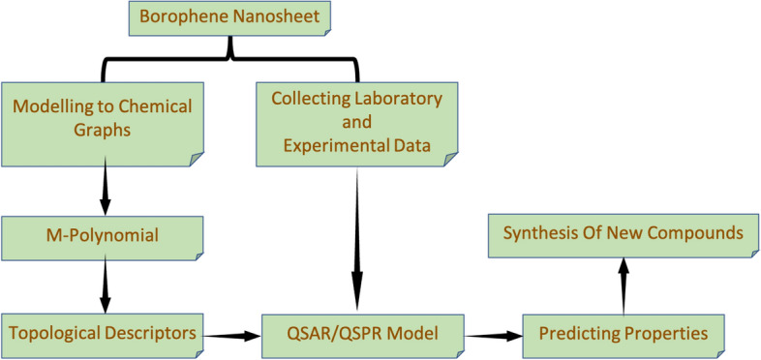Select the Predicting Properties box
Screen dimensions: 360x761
(624, 334)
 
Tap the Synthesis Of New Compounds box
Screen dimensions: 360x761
(624, 234)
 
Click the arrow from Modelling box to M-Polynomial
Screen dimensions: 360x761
(104, 189)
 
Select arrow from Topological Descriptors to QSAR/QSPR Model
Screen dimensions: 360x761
(233, 336)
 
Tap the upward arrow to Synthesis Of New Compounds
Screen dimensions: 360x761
(624, 286)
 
